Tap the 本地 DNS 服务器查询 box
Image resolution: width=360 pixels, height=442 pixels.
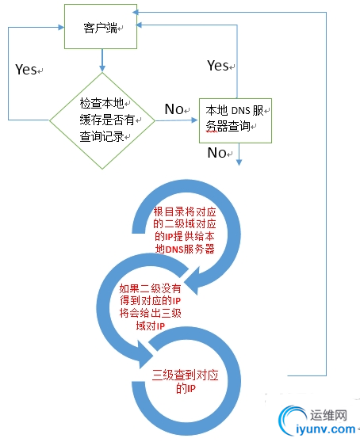point(236,120)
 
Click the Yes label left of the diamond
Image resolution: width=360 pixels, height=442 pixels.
point(26,70)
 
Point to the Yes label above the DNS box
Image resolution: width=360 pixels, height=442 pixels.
point(217,65)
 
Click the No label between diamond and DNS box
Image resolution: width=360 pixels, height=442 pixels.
point(175,108)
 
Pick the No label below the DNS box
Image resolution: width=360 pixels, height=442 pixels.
point(216,153)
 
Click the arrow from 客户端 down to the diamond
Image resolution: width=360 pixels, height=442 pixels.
point(102,60)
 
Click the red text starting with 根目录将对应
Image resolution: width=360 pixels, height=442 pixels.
point(184,231)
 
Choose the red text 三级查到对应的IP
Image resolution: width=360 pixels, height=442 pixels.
point(185,383)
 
